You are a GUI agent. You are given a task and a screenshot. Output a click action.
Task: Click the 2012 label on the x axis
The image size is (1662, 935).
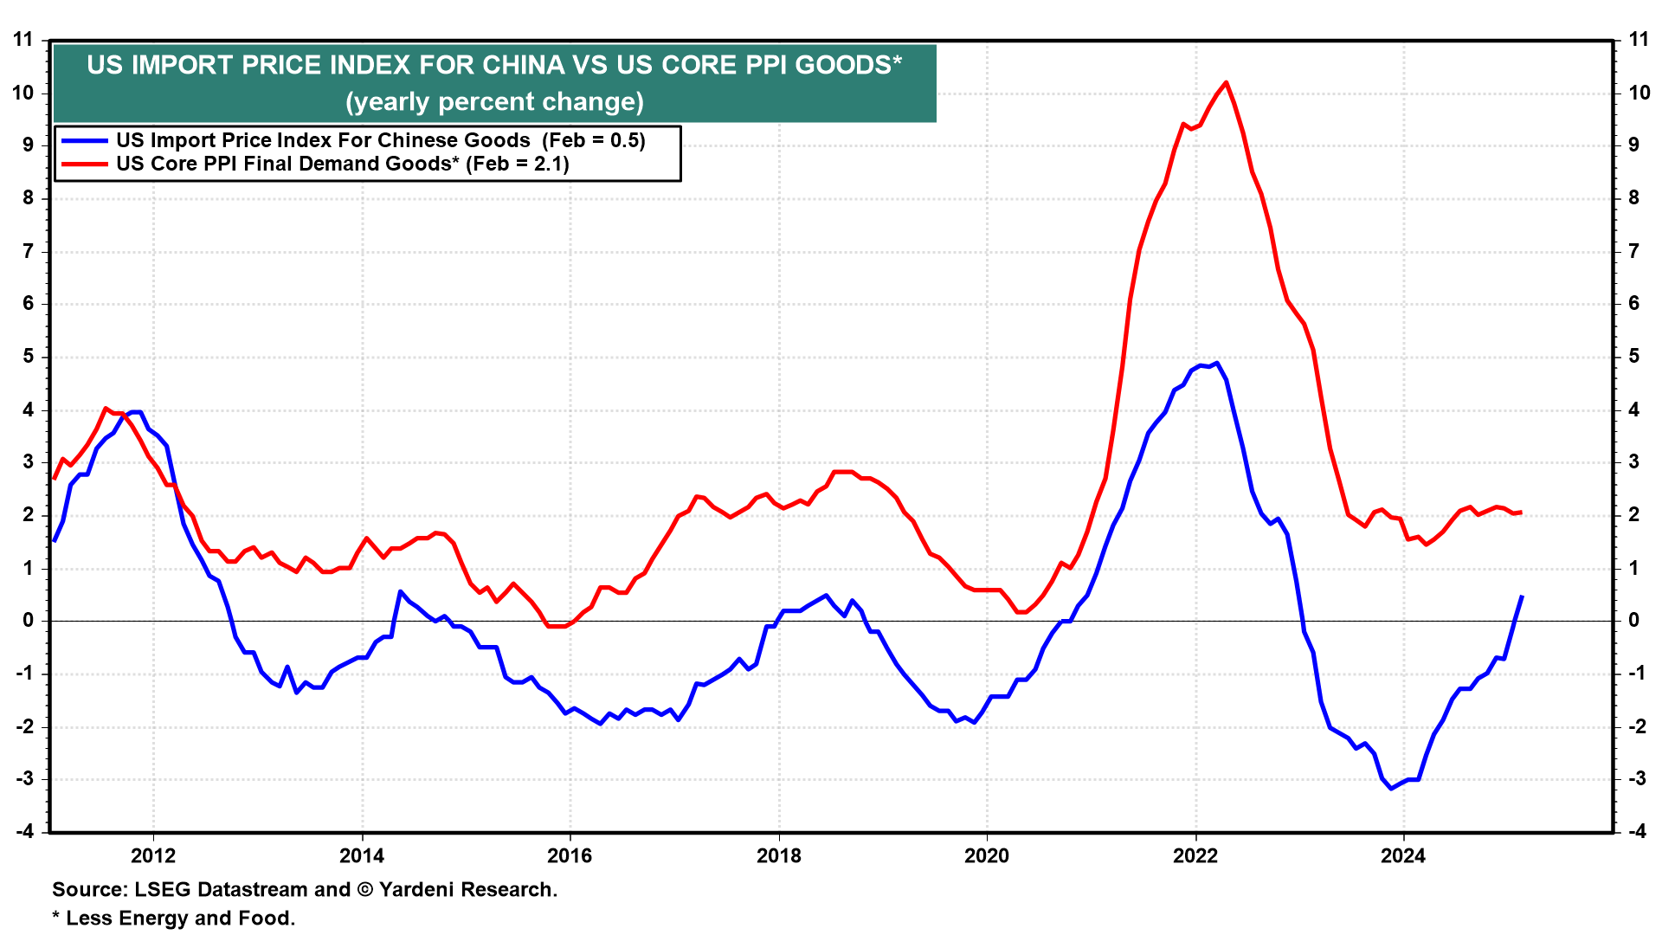[x=153, y=856]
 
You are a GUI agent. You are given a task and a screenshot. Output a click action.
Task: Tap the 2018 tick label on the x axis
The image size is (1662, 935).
[x=779, y=856]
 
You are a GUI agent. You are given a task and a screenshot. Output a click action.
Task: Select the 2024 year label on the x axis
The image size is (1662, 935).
[x=1403, y=856]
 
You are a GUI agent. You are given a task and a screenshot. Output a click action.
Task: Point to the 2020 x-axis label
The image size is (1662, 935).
[x=987, y=856]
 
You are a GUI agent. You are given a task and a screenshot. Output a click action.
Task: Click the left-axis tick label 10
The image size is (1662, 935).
[x=23, y=93]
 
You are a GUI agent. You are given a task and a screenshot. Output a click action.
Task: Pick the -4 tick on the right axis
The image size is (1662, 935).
[x=1636, y=832]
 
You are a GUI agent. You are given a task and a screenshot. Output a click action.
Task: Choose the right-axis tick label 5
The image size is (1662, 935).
[x=1634, y=357]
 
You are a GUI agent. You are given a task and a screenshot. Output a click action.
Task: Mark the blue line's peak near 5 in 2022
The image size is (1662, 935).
[x=1217, y=363]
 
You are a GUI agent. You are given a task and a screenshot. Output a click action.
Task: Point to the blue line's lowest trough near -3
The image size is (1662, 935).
[x=1391, y=789]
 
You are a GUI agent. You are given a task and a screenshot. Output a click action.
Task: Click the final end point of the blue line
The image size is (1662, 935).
[x=1522, y=596]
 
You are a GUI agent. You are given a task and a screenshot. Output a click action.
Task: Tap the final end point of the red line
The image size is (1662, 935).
[x=1521, y=513]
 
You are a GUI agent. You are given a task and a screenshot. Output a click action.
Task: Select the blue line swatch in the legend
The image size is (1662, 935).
[x=84, y=141]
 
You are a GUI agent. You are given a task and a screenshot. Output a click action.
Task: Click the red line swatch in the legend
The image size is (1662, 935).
[x=84, y=164]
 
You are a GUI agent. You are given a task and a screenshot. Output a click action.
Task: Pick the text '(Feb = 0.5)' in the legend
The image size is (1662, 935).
[x=594, y=141]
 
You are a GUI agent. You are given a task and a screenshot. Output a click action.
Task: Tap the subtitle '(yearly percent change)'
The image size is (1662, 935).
[x=494, y=102]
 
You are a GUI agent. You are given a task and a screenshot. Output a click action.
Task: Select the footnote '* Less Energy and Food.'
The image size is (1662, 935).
[x=174, y=919]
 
